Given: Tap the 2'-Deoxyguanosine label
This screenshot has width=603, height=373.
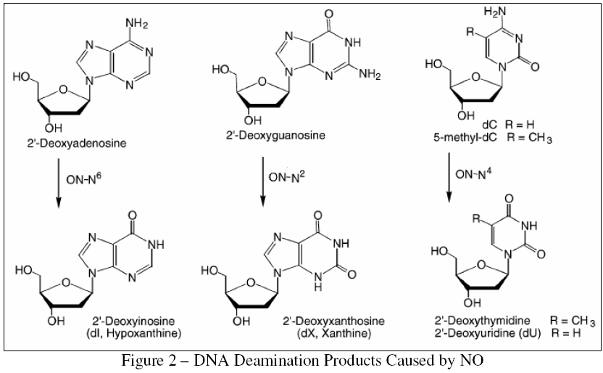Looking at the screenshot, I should [x=271, y=134].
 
